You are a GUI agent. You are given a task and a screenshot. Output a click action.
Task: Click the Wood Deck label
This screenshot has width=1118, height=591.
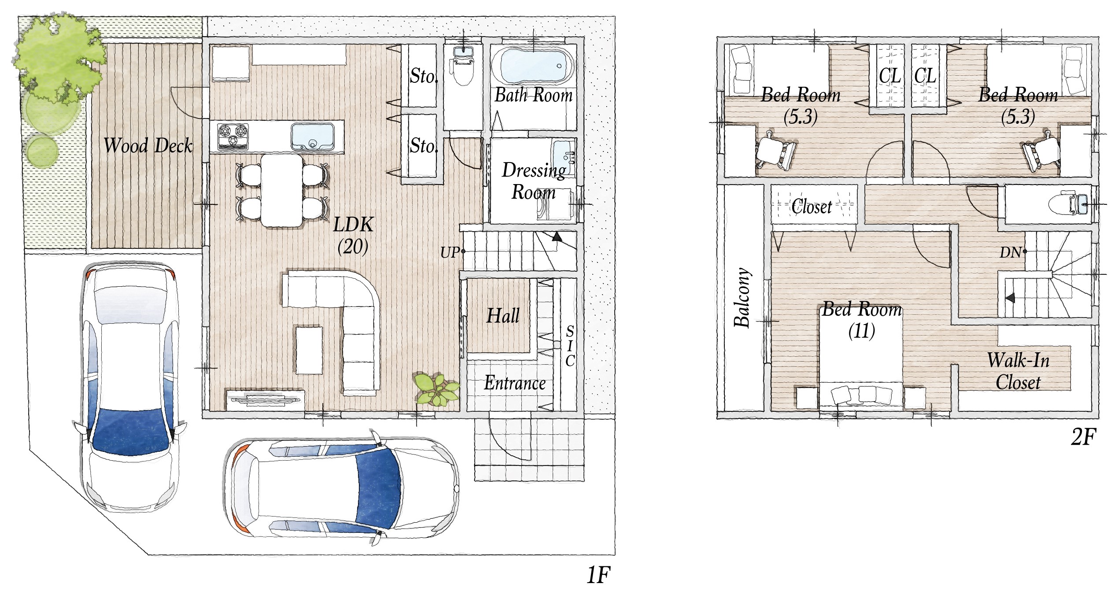pyautogui.click(x=148, y=145)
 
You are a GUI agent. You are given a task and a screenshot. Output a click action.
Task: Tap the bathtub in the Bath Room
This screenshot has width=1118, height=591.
pyautogui.click(x=533, y=66)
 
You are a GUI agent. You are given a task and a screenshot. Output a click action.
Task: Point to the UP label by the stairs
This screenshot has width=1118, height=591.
pyautogui.click(x=450, y=252)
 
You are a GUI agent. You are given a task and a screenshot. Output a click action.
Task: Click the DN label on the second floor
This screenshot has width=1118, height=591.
pyautogui.click(x=1010, y=252)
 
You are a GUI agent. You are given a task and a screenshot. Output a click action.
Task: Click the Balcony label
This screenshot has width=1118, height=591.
pyautogui.click(x=742, y=297)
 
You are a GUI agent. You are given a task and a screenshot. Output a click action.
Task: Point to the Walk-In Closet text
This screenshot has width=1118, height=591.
pyautogui.click(x=1018, y=371)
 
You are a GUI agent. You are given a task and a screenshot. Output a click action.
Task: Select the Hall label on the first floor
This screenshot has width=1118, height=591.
pyautogui.click(x=503, y=316)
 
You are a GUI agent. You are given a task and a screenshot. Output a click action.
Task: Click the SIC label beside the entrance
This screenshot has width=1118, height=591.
pyautogui.click(x=570, y=346)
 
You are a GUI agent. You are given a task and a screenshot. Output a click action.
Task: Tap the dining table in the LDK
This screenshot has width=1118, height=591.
pyautogui.click(x=282, y=190)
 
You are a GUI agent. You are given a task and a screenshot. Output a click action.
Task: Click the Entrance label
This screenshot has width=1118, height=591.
pyautogui.click(x=515, y=383)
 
